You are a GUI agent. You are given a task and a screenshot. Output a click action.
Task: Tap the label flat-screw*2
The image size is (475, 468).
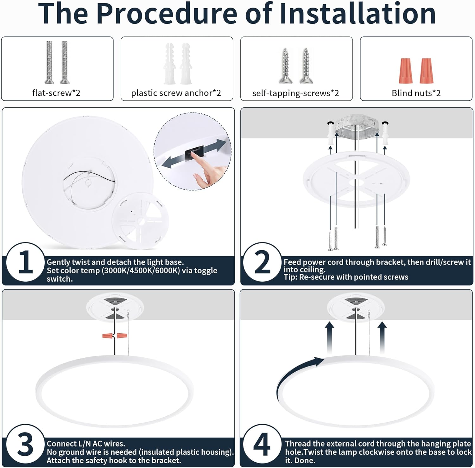pyautogui.click(x=56, y=93)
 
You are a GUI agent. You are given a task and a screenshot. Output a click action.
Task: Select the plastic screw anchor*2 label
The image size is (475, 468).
pyautogui.click(x=176, y=93)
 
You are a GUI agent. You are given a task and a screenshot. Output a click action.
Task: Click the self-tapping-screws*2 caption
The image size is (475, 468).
pyautogui.click(x=296, y=93)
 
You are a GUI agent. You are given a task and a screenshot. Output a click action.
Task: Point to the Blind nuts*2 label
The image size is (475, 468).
pyautogui.click(x=416, y=93)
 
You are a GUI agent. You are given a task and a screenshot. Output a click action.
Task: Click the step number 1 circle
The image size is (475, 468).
pyautogui.click(x=26, y=262)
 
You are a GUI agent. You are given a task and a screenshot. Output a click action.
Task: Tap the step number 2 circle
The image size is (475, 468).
pyautogui.click(x=263, y=262)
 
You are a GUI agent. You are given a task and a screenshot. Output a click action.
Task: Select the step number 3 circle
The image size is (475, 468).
pyautogui.click(x=26, y=445)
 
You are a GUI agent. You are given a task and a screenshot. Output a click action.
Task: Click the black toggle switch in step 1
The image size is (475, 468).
pyautogui.click(x=194, y=153)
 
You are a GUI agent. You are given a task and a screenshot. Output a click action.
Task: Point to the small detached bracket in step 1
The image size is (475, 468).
pyautogui.click(x=140, y=221)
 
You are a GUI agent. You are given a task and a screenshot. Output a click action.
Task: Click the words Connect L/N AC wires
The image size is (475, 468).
pyautogui.click(x=86, y=444)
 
